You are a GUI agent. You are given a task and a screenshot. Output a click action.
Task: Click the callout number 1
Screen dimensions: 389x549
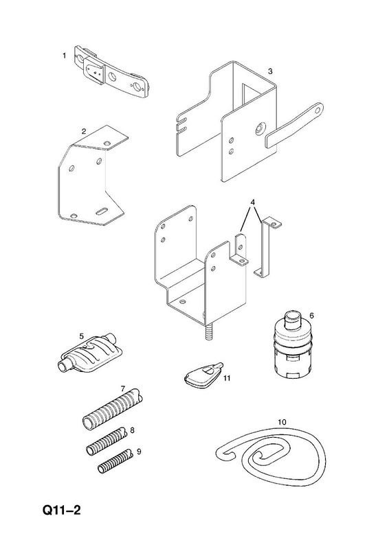(64, 56)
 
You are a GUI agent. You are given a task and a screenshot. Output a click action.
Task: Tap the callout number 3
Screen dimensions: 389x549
(269, 71)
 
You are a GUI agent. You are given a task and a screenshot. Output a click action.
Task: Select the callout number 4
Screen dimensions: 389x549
(252, 202)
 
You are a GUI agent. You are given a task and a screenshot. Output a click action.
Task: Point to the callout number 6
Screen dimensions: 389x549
(311, 316)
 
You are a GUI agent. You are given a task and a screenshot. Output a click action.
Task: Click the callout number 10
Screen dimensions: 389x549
(282, 422)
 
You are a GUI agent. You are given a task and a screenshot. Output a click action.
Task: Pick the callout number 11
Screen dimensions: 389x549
(227, 378)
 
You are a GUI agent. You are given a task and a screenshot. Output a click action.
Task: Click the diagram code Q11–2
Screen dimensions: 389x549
(61, 510)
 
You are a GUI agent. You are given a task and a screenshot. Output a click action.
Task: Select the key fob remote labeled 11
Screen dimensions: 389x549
(203, 374)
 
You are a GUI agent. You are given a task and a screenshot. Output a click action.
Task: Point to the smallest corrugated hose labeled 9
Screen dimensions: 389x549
(115, 462)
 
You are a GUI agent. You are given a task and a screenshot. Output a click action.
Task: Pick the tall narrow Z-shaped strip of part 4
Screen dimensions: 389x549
(266, 248)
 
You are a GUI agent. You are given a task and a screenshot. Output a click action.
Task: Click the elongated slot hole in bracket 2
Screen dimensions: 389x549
(102, 211)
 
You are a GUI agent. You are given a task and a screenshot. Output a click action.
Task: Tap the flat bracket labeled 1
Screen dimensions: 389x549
(110, 71)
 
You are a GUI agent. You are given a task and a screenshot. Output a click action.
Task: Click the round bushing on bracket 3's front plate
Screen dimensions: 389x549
(260, 128)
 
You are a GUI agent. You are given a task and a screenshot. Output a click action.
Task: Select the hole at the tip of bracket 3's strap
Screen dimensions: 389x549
(318, 110)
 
